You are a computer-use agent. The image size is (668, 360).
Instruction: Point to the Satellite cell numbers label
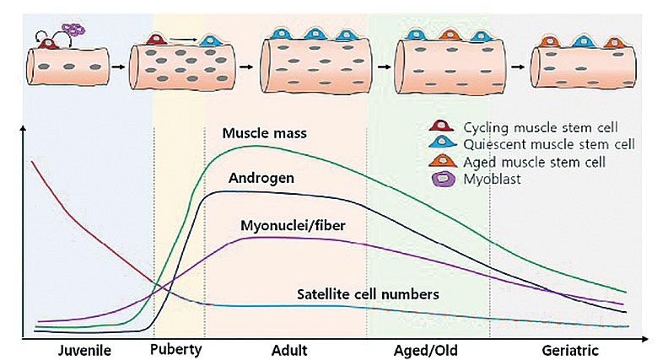pyautogui.click(x=368, y=294)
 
